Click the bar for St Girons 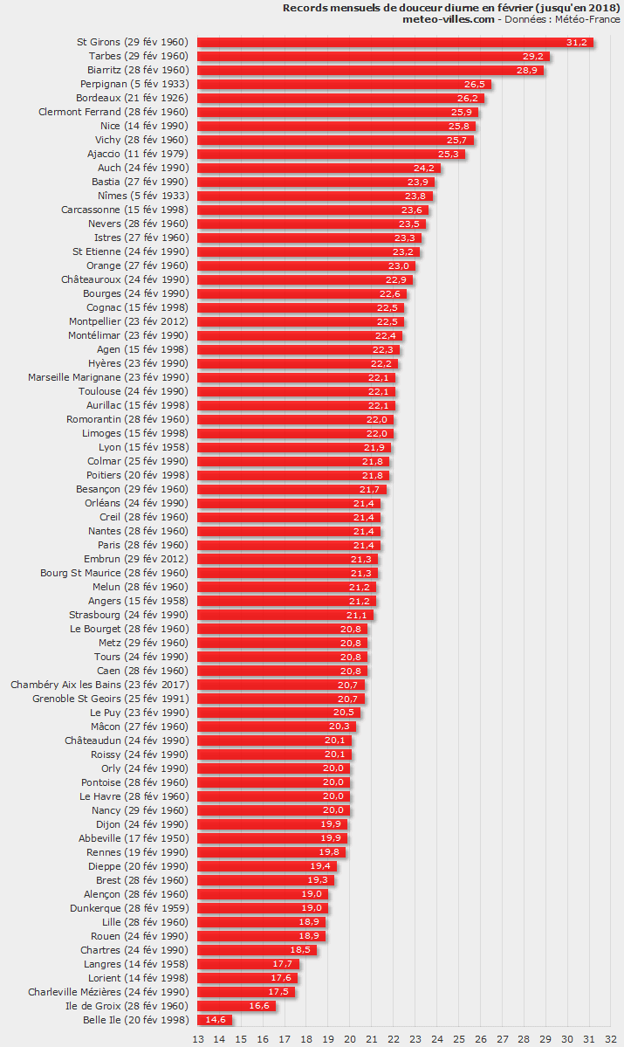click(394, 42)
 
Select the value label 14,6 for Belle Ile click(215, 1020)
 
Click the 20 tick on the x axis click(350, 1038)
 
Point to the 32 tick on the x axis click(611, 1038)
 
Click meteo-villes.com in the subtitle click(448, 18)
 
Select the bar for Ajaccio click(331, 154)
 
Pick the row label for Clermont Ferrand click(113, 112)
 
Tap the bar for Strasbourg click(285, 615)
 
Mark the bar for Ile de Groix click(237, 1006)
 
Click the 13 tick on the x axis click(198, 1038)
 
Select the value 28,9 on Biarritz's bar click(527, 70)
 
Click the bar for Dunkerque click(263, 908)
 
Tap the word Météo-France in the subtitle click(589, 18)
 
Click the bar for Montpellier click(300, 321)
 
